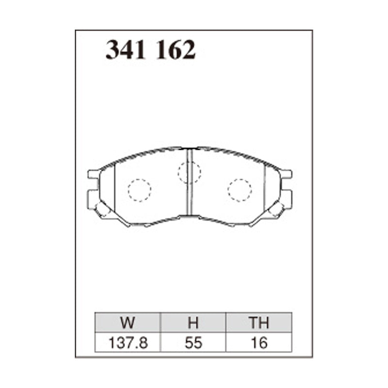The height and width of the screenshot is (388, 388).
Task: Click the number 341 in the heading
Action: click(x=126, y=50)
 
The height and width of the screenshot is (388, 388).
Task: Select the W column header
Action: click(x=128, y=323)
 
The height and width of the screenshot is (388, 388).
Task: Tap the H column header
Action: click(x=193, y=323)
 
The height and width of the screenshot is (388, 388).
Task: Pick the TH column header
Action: click(x=259, y=323)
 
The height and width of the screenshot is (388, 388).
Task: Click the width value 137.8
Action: click(x=128, y=343)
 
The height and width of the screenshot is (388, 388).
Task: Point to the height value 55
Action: click(x=193, y=343)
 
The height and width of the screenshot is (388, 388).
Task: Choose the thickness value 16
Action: click(x=259, y=343)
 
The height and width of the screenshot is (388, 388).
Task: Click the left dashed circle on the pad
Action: click(x=140, y=190)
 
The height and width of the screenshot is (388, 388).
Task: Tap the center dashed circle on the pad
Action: click(x=189, y=172)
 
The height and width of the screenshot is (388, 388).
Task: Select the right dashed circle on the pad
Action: click(x=240, y=190)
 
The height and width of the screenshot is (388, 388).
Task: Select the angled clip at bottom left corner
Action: click(x=103, y=210)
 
